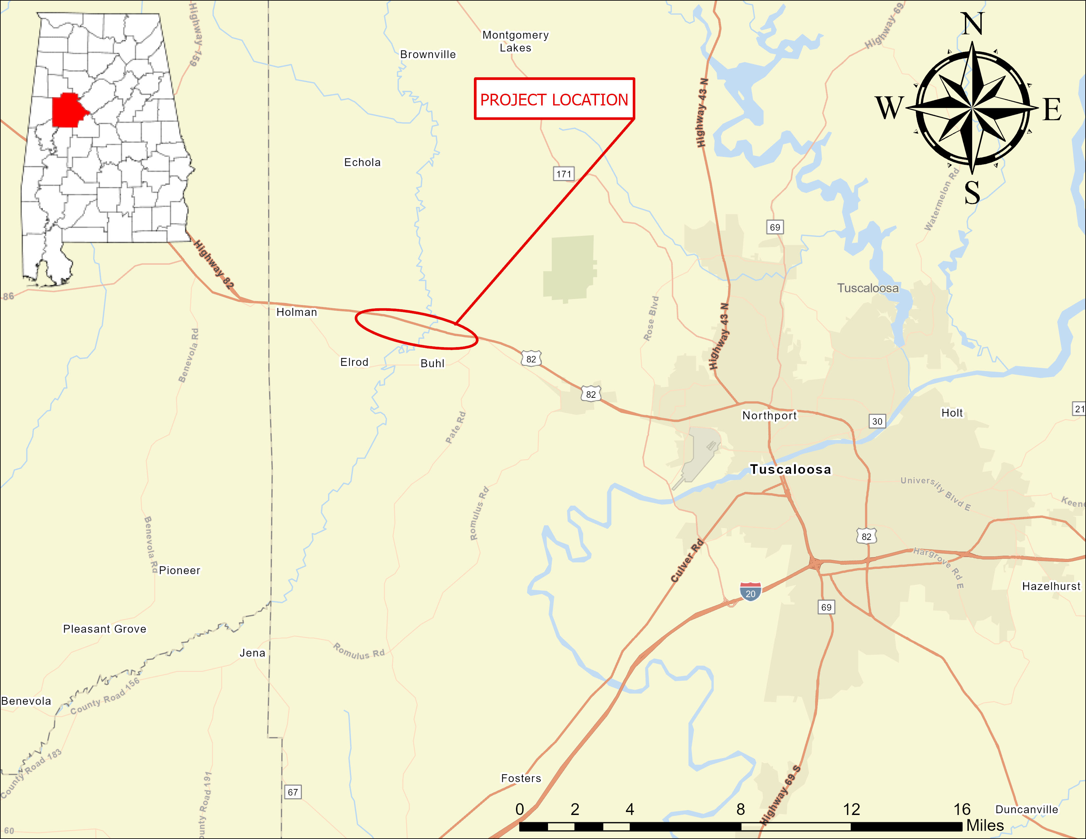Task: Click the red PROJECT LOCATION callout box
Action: click(x=554, y=99)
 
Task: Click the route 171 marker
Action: click(x=563, y=174)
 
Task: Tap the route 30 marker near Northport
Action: click(x=877, y=421)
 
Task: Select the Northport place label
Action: click(x=769, y=416)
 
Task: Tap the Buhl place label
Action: click(x=432, y=363)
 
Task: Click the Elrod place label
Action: click(x=354, y=362)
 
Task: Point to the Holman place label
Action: click(x=297, y=312)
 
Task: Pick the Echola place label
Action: click(x=362, y=163)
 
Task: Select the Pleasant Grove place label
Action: click(x=104, y=629)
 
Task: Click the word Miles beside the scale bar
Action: click(x=985, y=826)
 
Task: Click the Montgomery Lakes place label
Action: click(x=516, y=41)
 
